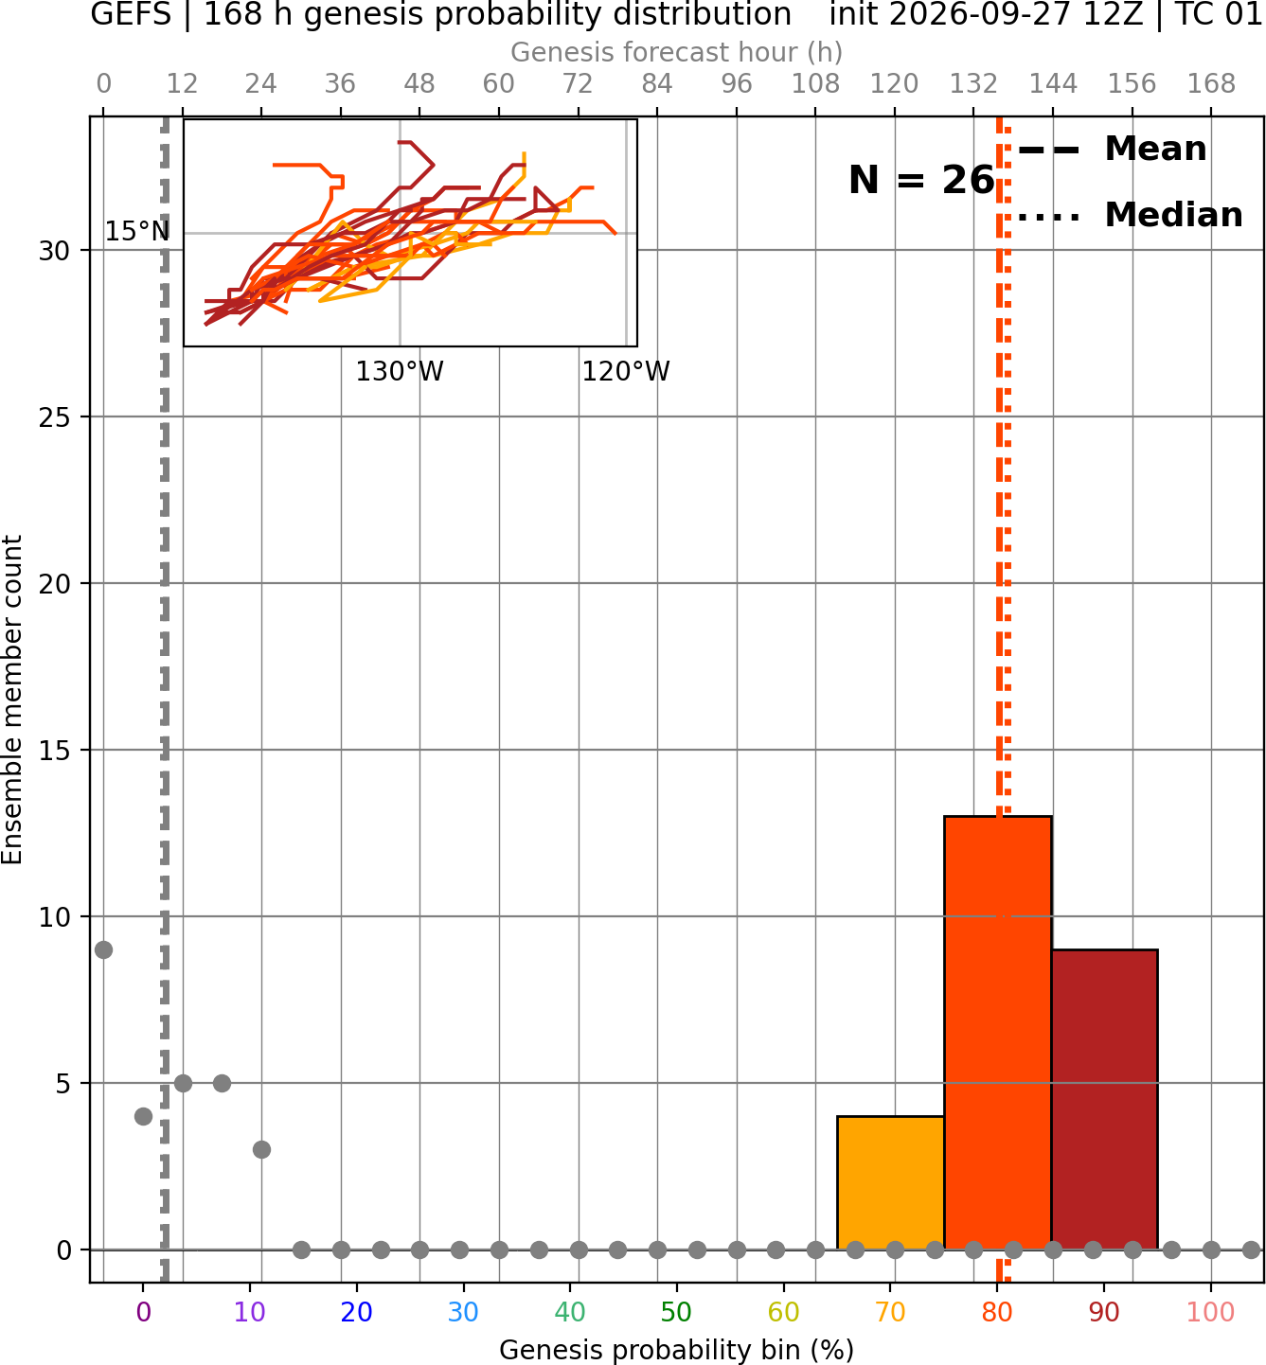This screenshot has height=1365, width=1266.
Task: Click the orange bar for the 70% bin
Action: [x=890, y=1183]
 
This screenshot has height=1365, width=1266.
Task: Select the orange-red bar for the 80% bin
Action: [x=998, y=1033]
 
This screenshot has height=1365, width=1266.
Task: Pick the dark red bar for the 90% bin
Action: [x=1104, y=1100]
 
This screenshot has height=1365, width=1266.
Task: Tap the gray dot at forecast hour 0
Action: [x=103, y=949]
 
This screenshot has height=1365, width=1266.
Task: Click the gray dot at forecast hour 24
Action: [x=261, y=1150]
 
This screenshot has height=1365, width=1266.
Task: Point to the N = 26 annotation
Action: [x=921, y=180]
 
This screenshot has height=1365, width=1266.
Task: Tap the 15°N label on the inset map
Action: [x=137, y=232]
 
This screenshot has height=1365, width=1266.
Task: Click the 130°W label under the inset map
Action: [x=400, y=372]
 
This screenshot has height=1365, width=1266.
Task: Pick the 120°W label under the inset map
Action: [x=626, y=372]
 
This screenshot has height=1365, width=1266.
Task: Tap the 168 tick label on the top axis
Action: [x=1211, y=84]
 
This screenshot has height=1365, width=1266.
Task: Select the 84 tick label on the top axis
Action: [x=657, y=84]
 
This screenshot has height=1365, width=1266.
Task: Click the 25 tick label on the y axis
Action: [x=55, y=417]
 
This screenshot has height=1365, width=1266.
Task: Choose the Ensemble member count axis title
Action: [x=12, y=700]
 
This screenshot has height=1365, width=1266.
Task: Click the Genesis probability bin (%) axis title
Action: [x=677, y=1350]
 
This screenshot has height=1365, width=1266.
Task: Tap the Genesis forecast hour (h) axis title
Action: [x=677, y=52]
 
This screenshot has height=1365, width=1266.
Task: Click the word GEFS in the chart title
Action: [x=131, y=14]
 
